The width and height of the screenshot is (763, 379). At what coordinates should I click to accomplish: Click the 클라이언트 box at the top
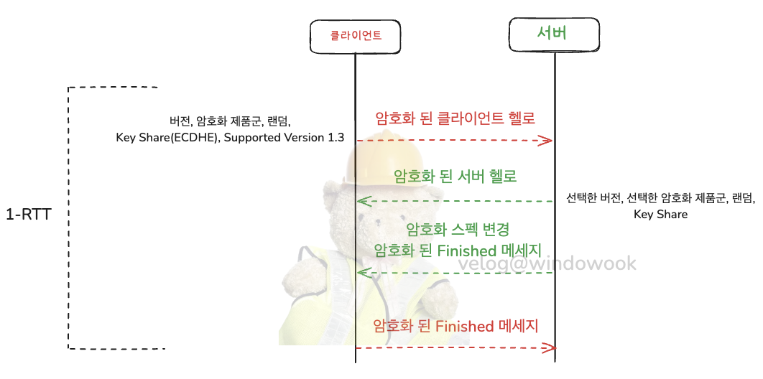[x=355, y=34]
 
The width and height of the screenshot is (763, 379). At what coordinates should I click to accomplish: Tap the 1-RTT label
[x=27, y=215]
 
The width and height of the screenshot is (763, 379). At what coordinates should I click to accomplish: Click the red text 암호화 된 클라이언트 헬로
[x=456, y=117]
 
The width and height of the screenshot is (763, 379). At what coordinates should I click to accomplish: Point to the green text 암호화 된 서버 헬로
[x=456, y=175]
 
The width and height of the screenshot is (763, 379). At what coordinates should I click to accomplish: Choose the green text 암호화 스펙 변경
[x=458, y=230]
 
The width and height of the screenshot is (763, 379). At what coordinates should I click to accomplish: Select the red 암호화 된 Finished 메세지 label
[x=456, y=326]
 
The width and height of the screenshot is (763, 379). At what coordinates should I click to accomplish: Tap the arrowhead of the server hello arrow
[x=364, y=200]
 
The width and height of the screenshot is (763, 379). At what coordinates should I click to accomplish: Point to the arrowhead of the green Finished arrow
[x=364, y=272]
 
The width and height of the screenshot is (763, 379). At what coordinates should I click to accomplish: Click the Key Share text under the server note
[x=660, y=214]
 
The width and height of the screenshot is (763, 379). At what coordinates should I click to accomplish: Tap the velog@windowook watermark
[x=547, y=263]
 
